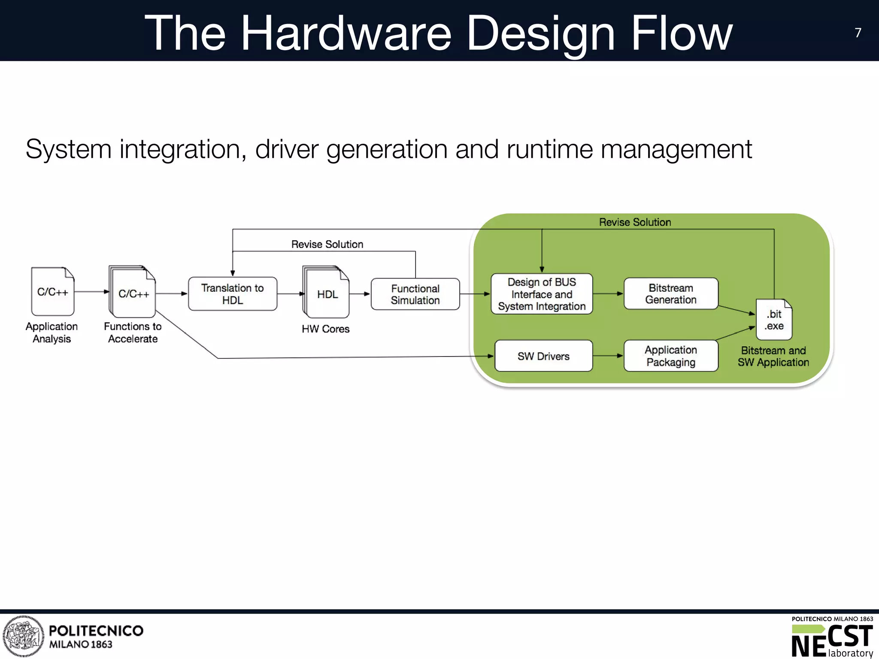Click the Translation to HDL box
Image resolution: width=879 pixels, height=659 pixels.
pos(232,294)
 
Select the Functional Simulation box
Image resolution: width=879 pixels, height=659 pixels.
pos(415,294)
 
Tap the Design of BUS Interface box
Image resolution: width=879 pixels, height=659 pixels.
pos(542,294)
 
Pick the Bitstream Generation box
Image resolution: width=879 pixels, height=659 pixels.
pos(670,294)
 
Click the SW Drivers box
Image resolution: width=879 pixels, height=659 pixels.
pos(543,356)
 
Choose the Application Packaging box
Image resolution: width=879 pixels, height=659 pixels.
pos(670,356)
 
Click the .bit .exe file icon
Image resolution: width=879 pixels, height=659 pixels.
pos(774,320)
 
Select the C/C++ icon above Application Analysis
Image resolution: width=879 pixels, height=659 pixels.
pos(53,292)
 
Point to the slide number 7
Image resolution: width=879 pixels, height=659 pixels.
pos(858,33)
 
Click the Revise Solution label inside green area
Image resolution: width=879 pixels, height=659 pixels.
pos(635,222)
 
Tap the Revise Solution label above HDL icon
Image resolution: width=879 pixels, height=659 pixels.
pos(327,244)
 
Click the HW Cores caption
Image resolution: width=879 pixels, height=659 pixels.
pos(325,329)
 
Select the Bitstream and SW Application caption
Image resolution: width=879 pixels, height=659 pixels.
pos(773,357)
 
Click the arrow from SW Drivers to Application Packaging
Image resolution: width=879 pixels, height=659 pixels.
pos(608,356)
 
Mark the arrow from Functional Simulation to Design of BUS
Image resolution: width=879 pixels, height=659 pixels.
pos(475,294)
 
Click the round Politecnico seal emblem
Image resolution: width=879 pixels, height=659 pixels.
pos(23,636)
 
